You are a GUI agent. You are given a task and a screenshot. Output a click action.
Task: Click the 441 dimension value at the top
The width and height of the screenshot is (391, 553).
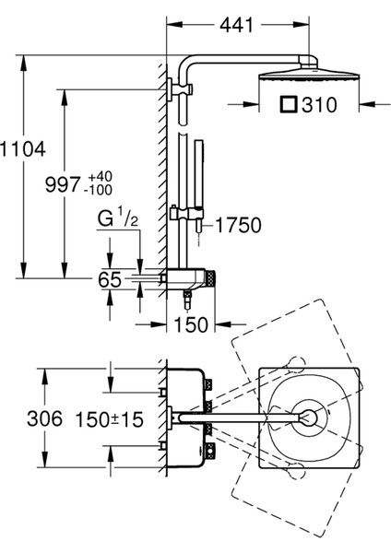[x=236, y=25]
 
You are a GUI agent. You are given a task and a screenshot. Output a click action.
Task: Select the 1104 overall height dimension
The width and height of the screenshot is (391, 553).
[x=22, y=148]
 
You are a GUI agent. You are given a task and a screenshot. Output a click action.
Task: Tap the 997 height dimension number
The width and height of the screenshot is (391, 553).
[x=63, y=184]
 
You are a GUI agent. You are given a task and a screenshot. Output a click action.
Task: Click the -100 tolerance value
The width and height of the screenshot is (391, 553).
[x=98, y=190]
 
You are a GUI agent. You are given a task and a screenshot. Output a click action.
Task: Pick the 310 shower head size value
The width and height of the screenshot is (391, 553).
[x=319, y=105]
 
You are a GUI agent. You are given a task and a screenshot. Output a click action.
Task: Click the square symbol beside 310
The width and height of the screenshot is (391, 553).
[x=289, y=104]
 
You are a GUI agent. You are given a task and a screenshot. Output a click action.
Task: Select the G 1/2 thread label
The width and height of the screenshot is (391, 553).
[x=117, y=218]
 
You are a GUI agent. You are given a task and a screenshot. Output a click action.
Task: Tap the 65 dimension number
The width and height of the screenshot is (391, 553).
[x=110, y=279]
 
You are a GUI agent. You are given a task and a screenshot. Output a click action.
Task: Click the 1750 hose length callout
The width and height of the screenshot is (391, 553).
[x=239, y=225]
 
